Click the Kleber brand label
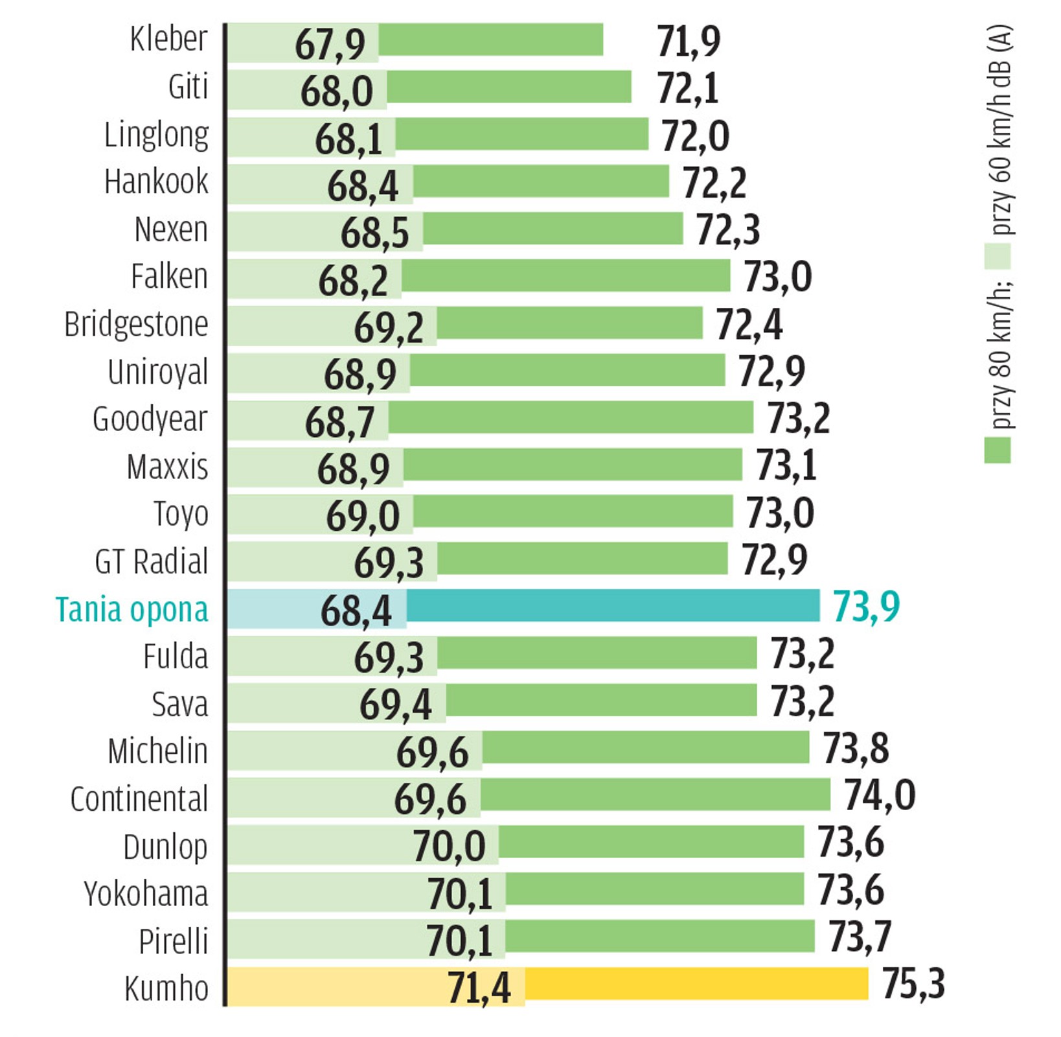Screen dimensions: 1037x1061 pos(168,40)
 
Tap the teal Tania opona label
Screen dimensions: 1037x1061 pos(132,610)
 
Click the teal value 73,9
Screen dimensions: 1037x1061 pos(866,607)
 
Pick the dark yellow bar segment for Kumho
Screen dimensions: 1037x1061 pos(696,984)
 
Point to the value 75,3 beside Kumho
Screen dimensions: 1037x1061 pos(913,984)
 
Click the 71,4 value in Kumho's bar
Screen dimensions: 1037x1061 pos(479,988)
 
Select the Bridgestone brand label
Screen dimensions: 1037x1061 pos(136,324)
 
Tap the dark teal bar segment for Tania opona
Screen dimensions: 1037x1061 pos(613,606)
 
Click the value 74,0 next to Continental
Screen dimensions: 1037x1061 pos(879,795)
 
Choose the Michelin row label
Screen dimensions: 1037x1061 pos(158,752)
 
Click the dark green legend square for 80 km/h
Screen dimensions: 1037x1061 pos(997,450)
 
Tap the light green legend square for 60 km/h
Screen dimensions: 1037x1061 pos(997,257)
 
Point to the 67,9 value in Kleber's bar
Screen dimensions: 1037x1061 pos(330,44)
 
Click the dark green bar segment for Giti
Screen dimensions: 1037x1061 pos(509,87)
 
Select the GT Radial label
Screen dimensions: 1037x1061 pos(152,562)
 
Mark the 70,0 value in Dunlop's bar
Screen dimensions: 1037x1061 pos(449,846)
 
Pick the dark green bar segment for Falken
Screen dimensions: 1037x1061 pos(565,276)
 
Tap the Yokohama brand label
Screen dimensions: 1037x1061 pos(146,894)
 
